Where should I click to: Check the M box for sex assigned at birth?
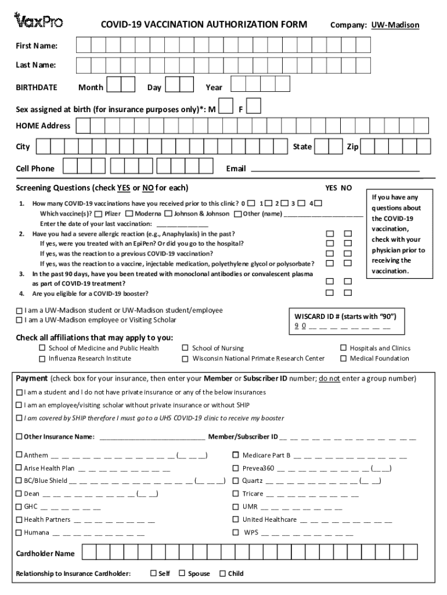227,107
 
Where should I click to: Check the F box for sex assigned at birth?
254,107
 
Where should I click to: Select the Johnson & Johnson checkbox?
168,214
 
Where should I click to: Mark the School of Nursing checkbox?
186,348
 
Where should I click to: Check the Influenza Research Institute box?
42,359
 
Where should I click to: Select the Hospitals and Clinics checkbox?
344,348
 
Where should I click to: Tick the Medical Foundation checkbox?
344,359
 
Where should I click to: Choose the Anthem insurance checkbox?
19,455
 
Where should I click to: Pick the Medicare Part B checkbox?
236,455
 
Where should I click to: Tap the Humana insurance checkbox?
19,532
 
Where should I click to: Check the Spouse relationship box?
182,574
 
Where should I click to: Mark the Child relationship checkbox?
222,574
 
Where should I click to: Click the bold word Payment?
32,379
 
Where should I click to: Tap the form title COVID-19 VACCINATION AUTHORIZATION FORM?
204,24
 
